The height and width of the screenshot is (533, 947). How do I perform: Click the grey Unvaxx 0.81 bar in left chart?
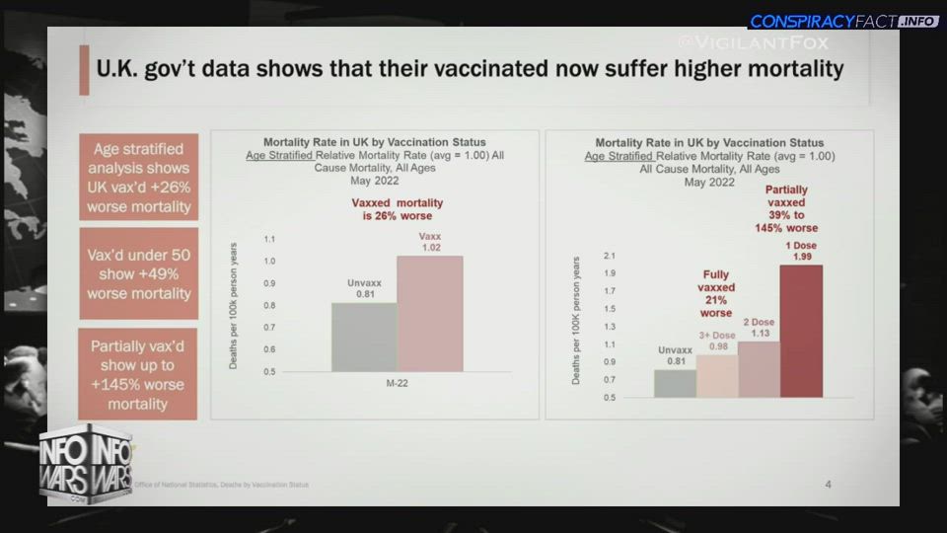[364, 337]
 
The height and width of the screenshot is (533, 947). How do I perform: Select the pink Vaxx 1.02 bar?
[430, 314]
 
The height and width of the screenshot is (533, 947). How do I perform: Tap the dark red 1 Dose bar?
[801, 331]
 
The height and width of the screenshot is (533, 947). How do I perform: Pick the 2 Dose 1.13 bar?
[759, 369]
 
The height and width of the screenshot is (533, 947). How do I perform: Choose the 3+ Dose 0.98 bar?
[717, 376]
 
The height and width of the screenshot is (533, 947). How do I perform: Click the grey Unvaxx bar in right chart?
[675, 383]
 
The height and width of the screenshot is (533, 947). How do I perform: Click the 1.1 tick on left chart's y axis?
[269, 239]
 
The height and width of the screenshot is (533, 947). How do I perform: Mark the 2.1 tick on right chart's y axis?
[610, 256]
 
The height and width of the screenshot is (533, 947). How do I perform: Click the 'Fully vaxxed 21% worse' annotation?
[716, 294]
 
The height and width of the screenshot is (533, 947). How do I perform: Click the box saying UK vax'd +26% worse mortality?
[139, 178]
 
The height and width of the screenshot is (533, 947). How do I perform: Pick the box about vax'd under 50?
[139, 273]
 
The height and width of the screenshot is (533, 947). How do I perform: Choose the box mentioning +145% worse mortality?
[139, 374]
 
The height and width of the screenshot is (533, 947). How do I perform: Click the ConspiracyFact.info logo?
[843, 21]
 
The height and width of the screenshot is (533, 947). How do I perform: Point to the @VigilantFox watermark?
[755, 42]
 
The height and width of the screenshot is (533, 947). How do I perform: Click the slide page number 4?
[828, 484]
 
